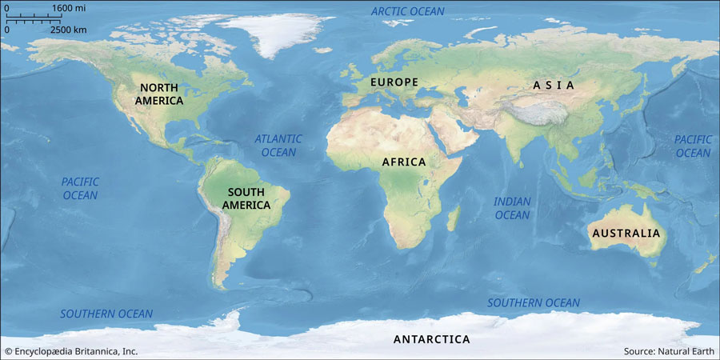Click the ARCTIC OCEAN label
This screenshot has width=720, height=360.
point(408,11)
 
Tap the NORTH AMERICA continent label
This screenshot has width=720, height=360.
point(159,94)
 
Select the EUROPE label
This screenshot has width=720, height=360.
point(394,82)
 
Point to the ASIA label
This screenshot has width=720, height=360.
point(554,85)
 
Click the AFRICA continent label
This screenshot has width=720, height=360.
point(404,162)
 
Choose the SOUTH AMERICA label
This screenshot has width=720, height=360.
point(248,198)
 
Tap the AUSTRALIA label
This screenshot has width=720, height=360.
point(626,234)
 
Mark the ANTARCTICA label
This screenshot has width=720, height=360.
point(431,339)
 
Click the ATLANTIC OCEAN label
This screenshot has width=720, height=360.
point(278,146)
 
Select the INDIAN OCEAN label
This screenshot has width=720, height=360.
point(512,208)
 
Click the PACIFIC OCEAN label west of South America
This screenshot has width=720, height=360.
point(80,189)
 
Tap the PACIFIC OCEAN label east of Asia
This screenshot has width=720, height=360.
point(693,146)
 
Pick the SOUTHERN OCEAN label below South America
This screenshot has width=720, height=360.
point(106,314)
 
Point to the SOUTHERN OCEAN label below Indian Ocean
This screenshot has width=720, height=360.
point(534,302)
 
